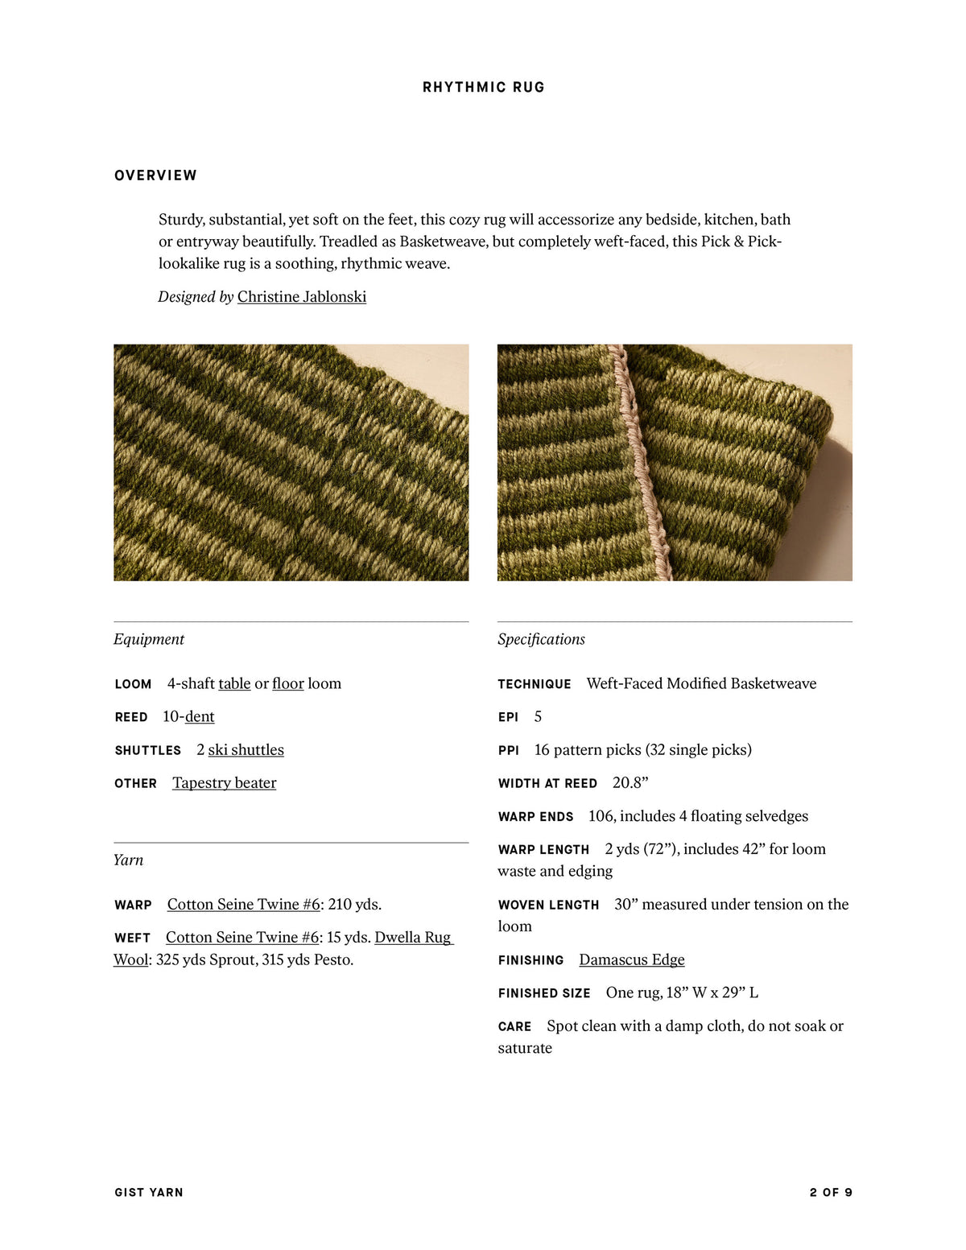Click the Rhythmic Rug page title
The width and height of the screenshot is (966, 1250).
483,87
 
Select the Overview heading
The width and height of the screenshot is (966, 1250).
155,175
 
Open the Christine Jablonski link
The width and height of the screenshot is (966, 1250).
301,297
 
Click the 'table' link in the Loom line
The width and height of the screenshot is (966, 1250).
234,683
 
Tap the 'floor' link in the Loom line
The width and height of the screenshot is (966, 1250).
287,683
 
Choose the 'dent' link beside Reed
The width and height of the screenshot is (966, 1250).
200,716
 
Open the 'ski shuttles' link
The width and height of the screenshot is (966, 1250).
246,749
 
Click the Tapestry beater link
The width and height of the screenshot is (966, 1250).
224,782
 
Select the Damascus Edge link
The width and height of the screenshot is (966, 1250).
631,959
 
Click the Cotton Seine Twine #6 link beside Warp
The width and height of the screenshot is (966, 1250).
243,904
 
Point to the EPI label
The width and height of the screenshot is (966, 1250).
508,717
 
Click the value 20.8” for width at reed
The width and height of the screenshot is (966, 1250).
630,782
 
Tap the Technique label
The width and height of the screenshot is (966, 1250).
535,684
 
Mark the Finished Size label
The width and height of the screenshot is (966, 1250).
544,993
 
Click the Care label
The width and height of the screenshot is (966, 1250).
514,1026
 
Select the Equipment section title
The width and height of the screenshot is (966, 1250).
149,639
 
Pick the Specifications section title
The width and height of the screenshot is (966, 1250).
541,639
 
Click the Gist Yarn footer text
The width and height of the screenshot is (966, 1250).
149,1192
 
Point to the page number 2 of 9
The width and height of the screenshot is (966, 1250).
831,1192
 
